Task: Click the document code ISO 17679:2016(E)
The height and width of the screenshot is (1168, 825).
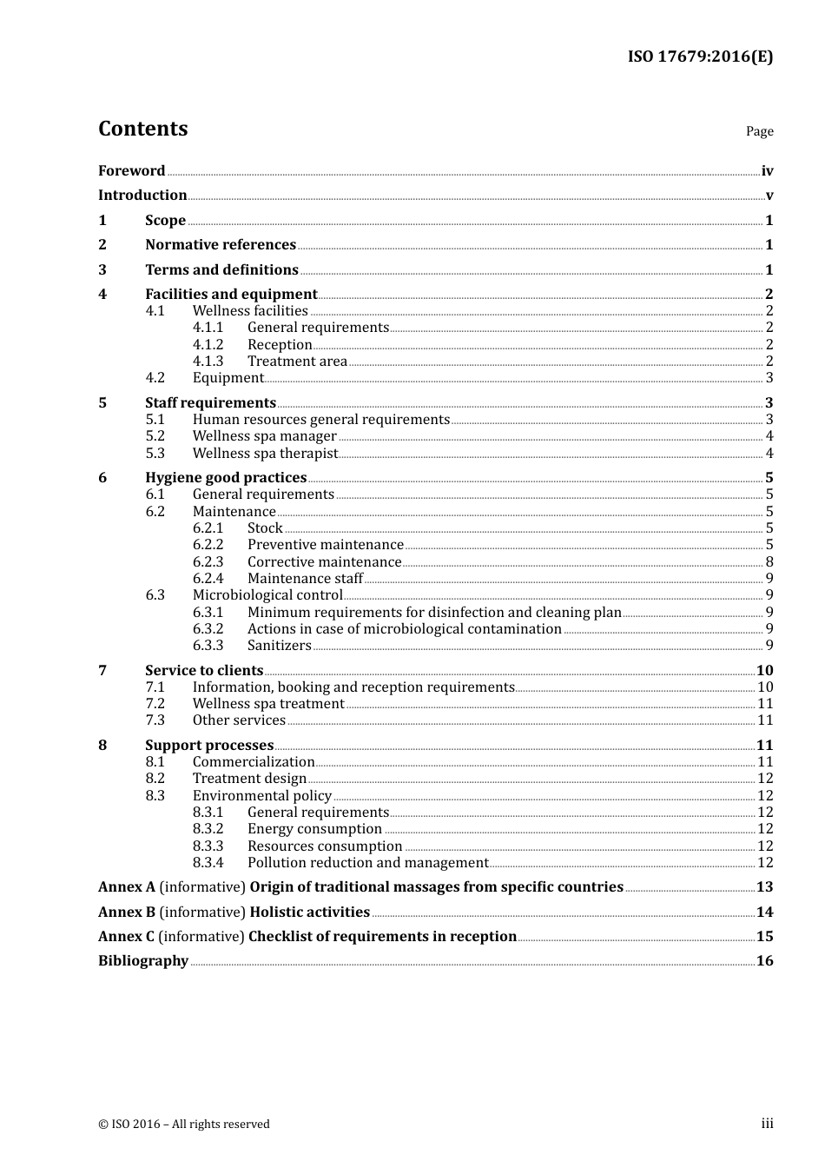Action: [700, 56]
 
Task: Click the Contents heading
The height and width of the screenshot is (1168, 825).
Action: [142, 129]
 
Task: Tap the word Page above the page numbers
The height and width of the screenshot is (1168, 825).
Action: [759, 131]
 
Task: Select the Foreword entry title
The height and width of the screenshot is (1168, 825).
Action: [131, 170]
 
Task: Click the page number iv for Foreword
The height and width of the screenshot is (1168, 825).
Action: [767, 171]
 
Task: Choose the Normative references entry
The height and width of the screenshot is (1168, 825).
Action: [221, 245]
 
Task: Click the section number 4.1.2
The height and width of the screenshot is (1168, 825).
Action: [208, 345]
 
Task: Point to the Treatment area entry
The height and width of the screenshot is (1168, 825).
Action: [297, 362]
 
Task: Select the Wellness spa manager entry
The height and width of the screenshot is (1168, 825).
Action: [264, 436]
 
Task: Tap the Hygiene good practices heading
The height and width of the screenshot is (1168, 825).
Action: [226, 478]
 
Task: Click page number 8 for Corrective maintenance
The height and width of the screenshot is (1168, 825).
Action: [769, 562]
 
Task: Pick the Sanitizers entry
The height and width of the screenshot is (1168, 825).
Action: [279, 646]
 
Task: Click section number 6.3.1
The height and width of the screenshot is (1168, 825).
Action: [208, 613]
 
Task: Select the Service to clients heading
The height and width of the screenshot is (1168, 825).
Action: [204, 671]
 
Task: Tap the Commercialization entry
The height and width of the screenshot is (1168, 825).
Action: [254, 762]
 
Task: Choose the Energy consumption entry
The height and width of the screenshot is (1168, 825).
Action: [314, 829]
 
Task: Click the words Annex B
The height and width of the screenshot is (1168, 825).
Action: [127, 912]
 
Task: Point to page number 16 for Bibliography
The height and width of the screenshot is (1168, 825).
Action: [764, 961]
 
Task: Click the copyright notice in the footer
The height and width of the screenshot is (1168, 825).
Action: [184, 1125]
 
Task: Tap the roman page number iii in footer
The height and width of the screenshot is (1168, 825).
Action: [767, 1124]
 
